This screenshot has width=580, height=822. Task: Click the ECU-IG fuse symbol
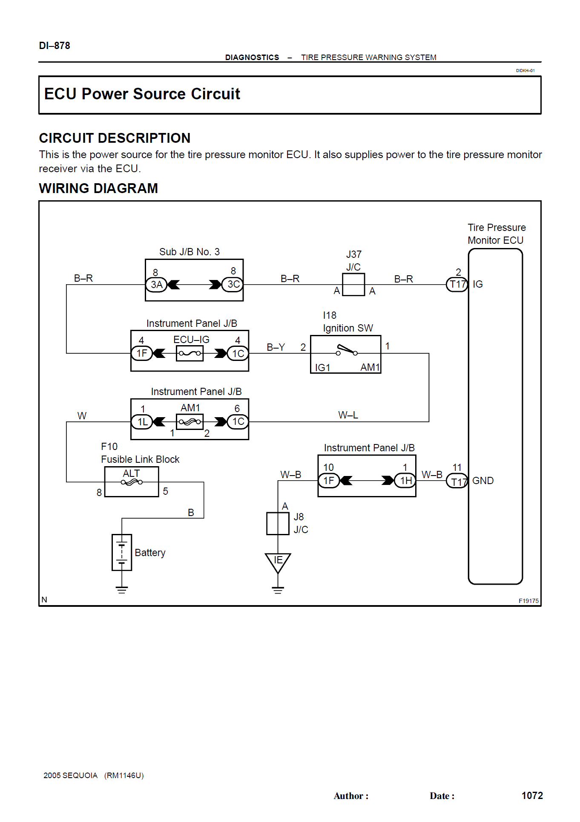pyautogui.click(x=190, y=353)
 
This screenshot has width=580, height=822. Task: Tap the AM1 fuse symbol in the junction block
pyautogui.click(x=190, y=422)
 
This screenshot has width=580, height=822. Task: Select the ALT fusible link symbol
pyautogui.click(x=132, y=482)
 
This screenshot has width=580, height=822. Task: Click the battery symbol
pyautogui.click(x=122, y=552)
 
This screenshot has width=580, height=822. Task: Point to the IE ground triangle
pyautogui.click(x=278, y=562)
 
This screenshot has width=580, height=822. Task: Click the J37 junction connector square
pyautogui.click(x=353, y=284)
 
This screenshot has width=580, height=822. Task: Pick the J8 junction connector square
pyautogui.click(x=278, y=523)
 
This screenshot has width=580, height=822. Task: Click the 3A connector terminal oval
pyautogui.click(x=156, y=285)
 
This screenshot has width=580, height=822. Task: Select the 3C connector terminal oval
pyautogui.click(x=233, y=284)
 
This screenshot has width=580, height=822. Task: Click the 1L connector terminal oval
pyautogui.click(x=142, y=422)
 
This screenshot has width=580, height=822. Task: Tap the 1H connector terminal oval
pyautogui.click(x=405, y=481)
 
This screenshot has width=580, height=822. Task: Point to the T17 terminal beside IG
pyautogui.click(x=457, y=284)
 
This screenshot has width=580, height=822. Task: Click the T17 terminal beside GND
pyautogui.click(x=457, y=482)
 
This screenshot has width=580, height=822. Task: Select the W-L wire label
pyautogui.click(x=348, y=415)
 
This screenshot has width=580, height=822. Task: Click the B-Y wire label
pyautogui.click(x=276, y=347)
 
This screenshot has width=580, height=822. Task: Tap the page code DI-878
pyautogui.click(x=55, y=46)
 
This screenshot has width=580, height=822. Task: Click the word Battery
pyautogui.click(x=150, y=553)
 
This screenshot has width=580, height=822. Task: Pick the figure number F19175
pyautogui.click(x=528, y=601)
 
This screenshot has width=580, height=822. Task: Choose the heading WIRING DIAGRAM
pyautogui.click(x=98, y=188)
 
